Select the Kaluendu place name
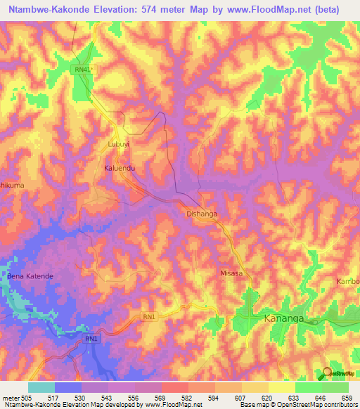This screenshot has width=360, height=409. (x=119, y=169)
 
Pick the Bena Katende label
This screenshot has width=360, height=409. (x=30, y=276)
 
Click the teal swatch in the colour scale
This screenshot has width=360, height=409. (x=41, y=387)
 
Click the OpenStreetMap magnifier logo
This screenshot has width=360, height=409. (x=327, y=374)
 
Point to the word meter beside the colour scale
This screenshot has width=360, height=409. (x=11, y=396)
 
